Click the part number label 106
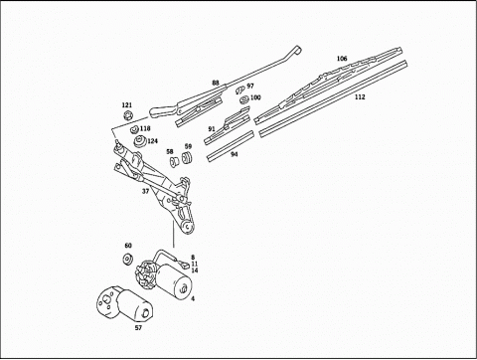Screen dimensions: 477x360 point(342,59)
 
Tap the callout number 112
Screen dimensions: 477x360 point(360,97)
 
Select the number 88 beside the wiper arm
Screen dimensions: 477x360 point(216,83)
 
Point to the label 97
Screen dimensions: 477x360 point(250,86)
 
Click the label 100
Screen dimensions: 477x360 point(255,97)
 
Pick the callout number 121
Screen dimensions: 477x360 point(127,105)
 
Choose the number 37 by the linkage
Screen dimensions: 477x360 point(145,191)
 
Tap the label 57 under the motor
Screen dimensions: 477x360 point(138,328)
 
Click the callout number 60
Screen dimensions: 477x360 point(128,246)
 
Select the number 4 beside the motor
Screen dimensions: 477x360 point(193,298)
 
